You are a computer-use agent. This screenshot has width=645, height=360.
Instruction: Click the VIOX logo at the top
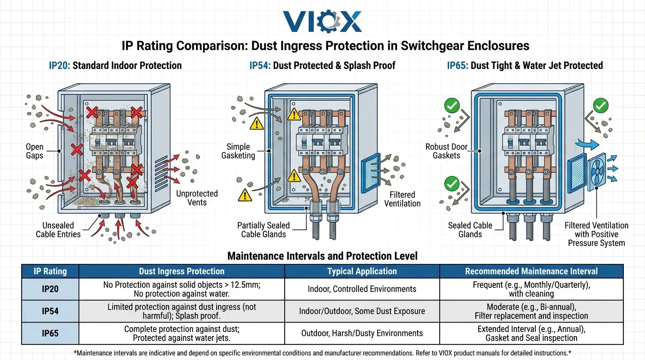point(322,22)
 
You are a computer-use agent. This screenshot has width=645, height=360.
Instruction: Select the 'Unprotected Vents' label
point(197,198)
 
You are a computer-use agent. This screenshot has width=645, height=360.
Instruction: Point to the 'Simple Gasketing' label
point(238,151)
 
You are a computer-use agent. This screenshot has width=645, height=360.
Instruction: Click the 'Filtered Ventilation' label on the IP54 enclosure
point(402,199)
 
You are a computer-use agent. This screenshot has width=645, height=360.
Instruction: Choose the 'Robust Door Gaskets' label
point(446,151)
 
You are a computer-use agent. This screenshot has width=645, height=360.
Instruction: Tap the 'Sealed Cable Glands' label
point(470,230)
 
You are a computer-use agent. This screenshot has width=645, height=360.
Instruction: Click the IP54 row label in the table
point(50,311)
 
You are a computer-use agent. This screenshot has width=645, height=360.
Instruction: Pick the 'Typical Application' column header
point(362,271)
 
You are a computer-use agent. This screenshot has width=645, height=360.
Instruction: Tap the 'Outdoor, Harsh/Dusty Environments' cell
point(362,333)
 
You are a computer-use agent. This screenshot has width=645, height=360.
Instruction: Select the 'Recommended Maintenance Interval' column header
point(531,271)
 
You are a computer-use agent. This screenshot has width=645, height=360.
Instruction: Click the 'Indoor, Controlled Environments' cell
point(362,289)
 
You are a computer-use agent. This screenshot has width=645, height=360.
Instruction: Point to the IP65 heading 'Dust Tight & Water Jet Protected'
point(525,65)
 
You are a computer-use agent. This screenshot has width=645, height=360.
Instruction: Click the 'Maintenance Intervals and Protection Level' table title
point(322,256)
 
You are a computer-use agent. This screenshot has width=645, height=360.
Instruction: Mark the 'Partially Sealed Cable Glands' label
point(263,230)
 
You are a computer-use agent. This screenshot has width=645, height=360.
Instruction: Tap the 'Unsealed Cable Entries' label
point(58,230)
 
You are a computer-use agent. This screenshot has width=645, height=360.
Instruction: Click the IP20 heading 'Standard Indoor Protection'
point(115,65)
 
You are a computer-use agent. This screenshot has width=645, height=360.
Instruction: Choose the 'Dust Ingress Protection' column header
point(181,271)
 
